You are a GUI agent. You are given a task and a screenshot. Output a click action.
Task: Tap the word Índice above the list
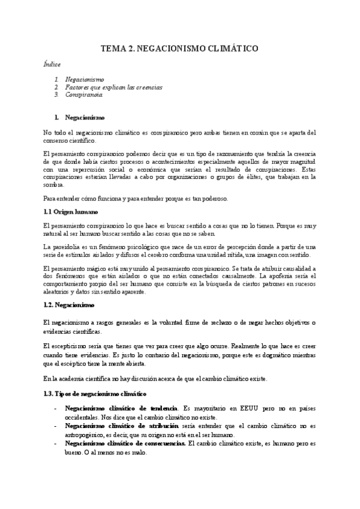[52, 63]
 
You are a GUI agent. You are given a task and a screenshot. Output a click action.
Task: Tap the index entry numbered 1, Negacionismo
[84, 79]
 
